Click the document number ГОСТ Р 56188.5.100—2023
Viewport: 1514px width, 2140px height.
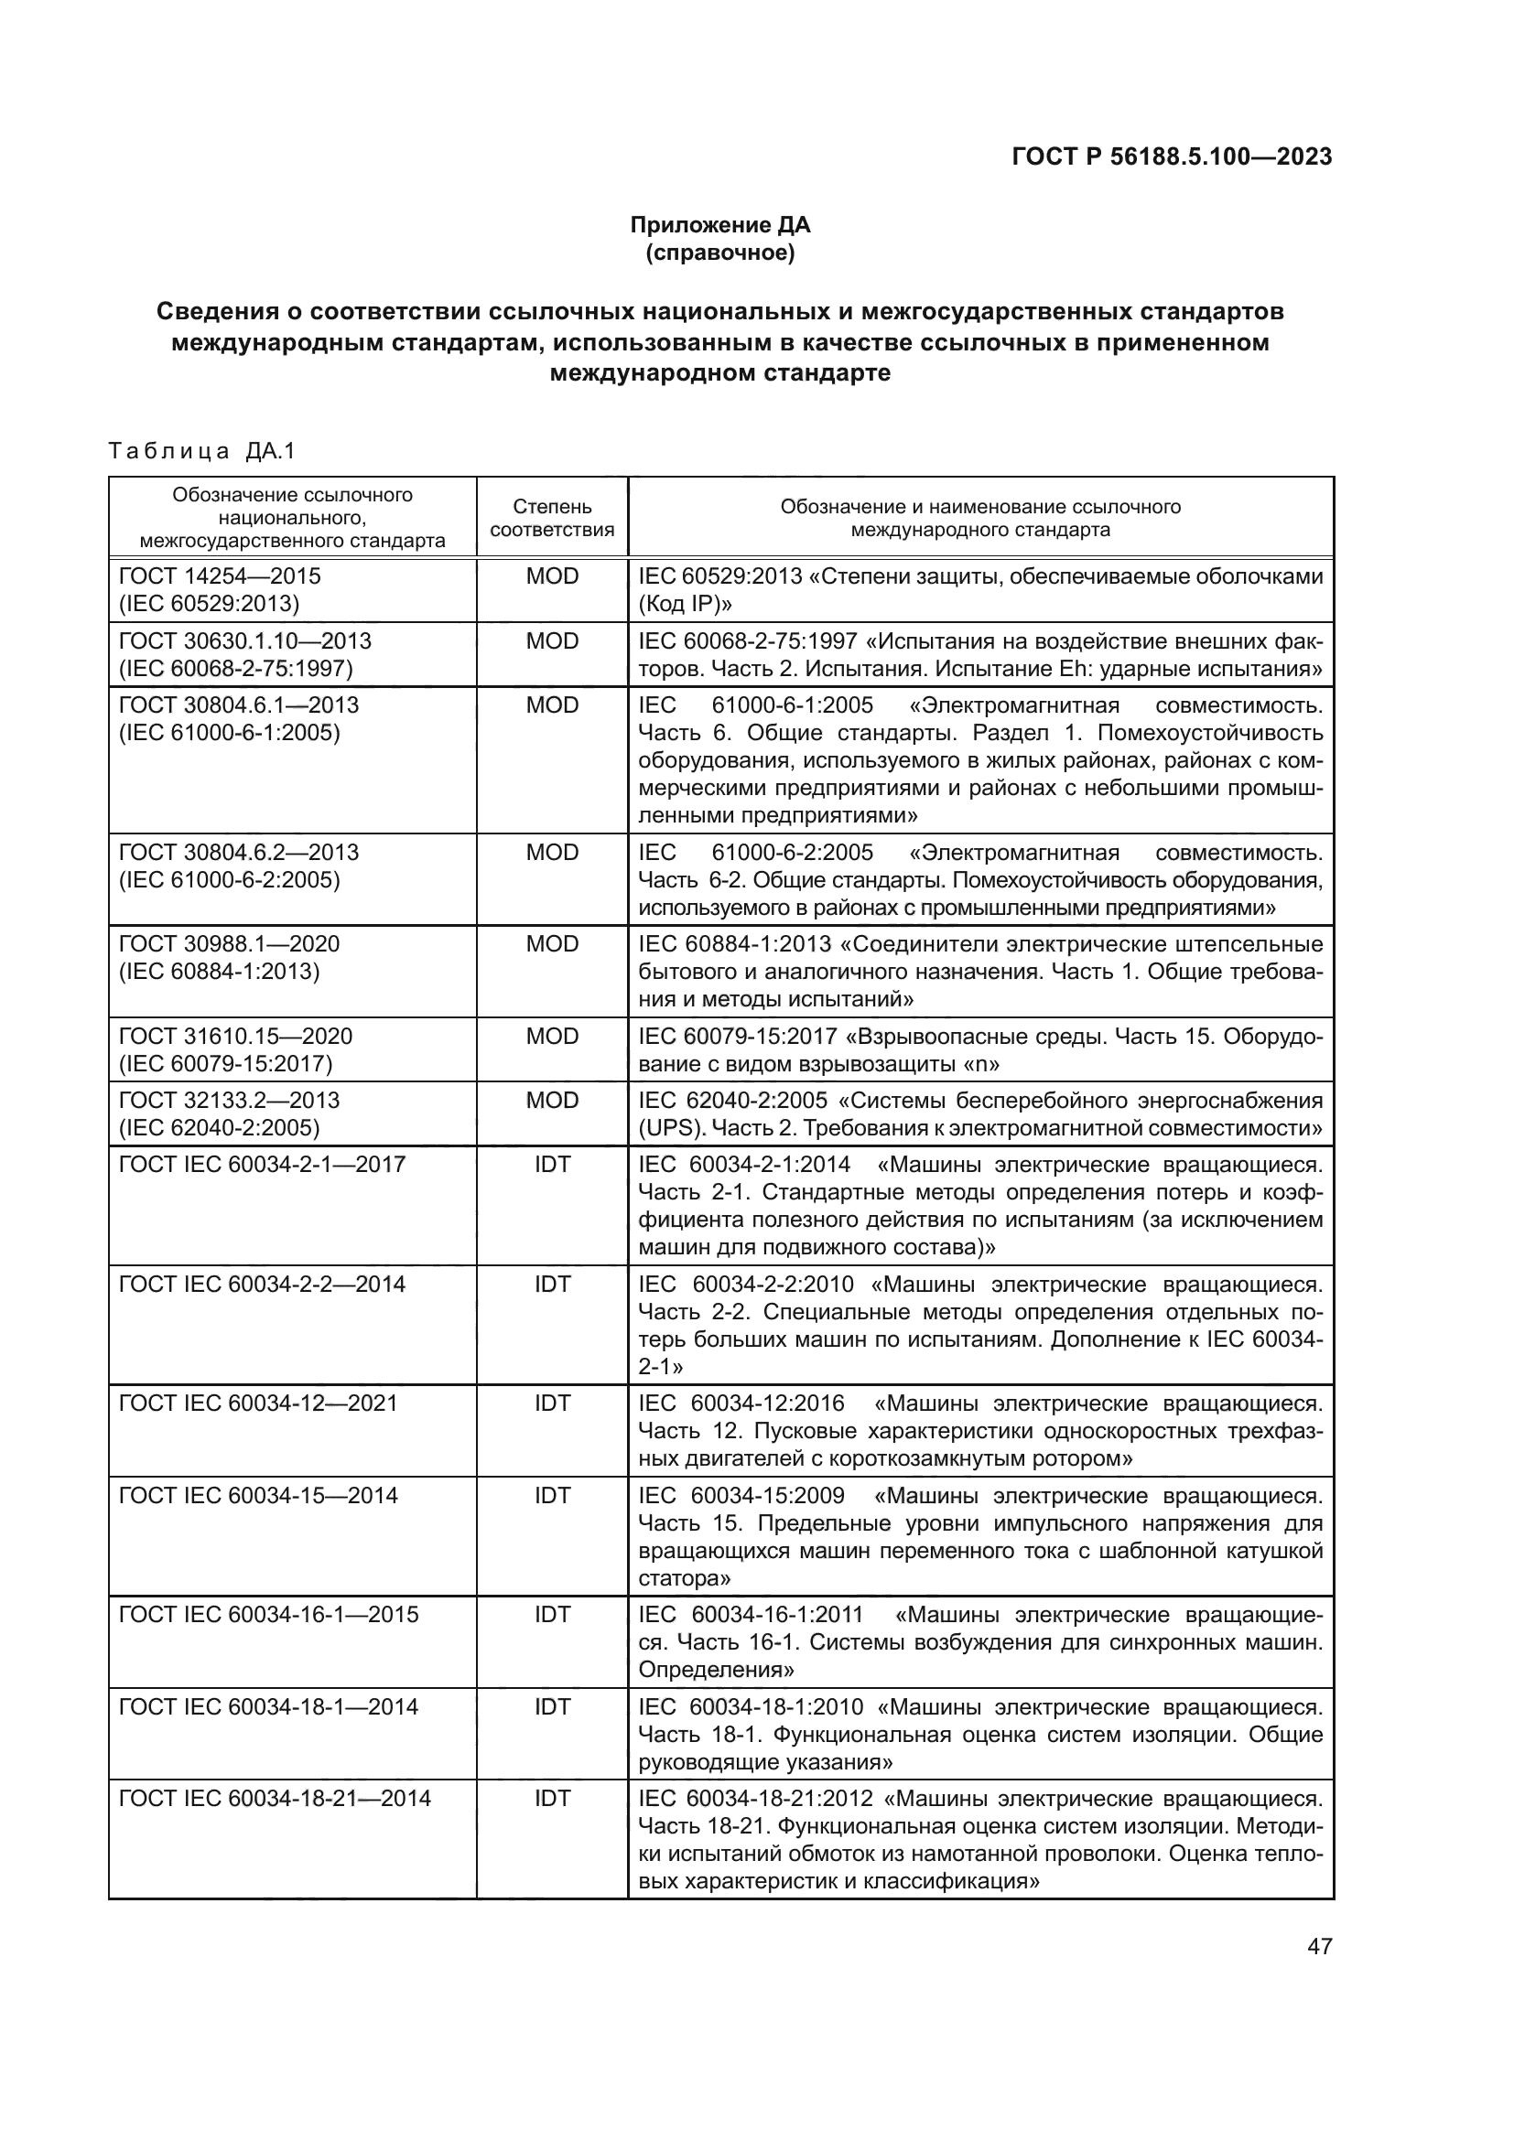point(1171,156)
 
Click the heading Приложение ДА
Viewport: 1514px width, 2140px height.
point(719,225)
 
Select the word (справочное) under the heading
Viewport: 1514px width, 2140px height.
point(719,253)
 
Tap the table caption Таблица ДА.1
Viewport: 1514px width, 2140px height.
point(202,452)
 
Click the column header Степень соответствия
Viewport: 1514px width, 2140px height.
point(552,518)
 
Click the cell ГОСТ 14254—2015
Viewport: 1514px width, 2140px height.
point(220,576)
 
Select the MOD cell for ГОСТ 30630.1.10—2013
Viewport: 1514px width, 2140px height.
point(552,641)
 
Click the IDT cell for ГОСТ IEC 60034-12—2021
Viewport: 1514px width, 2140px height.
point(552,1403)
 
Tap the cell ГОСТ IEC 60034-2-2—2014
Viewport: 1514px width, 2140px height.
point(262,1285)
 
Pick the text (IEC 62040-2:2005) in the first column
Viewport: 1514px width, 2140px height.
point(219,1128)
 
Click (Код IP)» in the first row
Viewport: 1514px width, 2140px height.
point(686,604)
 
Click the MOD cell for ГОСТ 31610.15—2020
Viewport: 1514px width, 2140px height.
point(552,1037)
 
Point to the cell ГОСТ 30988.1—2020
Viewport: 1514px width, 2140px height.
point(230,944)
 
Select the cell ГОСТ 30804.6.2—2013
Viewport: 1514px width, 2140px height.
point(240,853)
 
